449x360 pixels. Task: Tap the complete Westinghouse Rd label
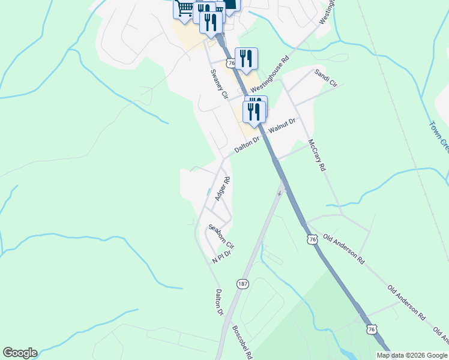tap(270, 75)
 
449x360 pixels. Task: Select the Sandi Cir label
tap(326, 78)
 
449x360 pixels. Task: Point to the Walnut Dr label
tap(282, 127)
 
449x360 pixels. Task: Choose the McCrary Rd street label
tap(316, 155)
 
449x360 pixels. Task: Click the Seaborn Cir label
tap(221, 236)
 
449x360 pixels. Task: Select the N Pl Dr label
tap(221, 257)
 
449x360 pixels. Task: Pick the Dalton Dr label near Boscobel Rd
tap(219, 302)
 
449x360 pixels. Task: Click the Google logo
tap(20, 353)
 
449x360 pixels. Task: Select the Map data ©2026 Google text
tap(412, 355)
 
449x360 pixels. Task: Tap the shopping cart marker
tap(185, 8)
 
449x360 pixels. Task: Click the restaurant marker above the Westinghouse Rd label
tap(246, 58)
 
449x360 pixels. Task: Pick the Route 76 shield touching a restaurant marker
tap(231, 62)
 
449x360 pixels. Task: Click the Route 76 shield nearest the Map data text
tap(372, 329)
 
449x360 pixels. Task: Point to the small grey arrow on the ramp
tap(280, 192)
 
